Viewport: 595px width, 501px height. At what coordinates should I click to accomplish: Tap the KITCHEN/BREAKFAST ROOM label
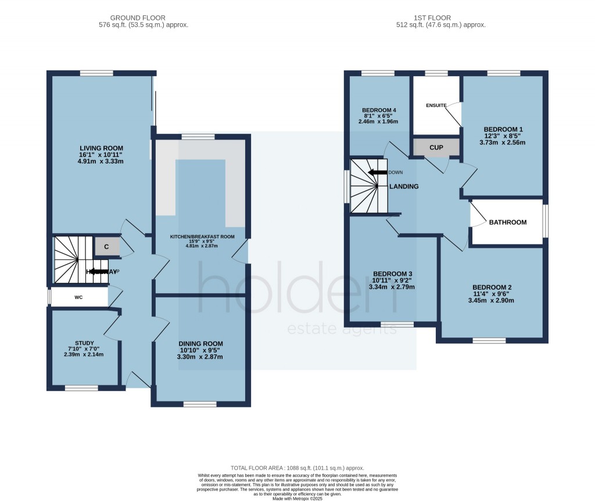point(202,237)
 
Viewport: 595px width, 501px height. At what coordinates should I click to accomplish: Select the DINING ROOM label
point(200,343)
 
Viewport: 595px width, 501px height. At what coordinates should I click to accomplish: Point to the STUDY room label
point(84,343)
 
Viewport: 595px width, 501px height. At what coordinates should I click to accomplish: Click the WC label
point(78,297)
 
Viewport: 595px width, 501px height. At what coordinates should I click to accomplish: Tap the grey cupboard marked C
point(106,247)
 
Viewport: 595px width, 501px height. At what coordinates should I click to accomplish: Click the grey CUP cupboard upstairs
point(436,148)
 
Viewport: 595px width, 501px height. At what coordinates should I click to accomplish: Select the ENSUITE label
point(436,105)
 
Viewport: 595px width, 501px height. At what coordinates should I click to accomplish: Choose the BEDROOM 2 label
point(492,287)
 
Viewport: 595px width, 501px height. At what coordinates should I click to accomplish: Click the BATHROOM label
point(507,222)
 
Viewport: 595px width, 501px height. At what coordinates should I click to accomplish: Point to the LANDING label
point(404,186)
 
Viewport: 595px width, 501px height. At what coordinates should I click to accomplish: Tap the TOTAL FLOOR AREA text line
point(297,467)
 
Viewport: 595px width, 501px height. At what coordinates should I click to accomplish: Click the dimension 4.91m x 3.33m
point(95,161)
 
